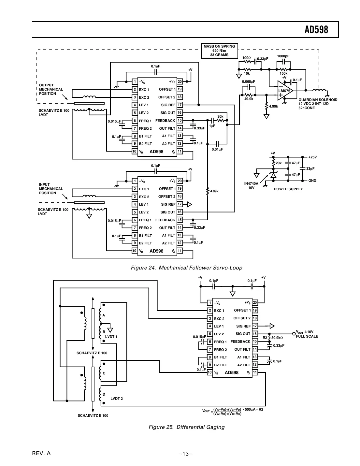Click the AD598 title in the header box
[x=316, y=30]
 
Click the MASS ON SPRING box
[x=219, y=51]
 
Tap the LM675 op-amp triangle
[x=284, y=91]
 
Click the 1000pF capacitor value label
[x=283, y=56]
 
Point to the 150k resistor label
[x=283, y=74]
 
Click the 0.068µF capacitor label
[x=248, y=81]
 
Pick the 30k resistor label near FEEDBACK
[x=220, y=116]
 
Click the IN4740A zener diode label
[x=251, y=185]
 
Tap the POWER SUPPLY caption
[x=288, y=189]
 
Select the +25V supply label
[x=312, y=157]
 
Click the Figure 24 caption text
[x=186, y=268]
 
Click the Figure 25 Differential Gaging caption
[x=186, y=427]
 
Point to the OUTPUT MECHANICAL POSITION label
[x=51, y=89]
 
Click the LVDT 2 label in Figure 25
[x=116, y=399]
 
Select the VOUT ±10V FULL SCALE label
[x=307, y=334]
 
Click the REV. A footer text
[x=41, y=454]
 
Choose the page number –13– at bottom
[x=185, y=454]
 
